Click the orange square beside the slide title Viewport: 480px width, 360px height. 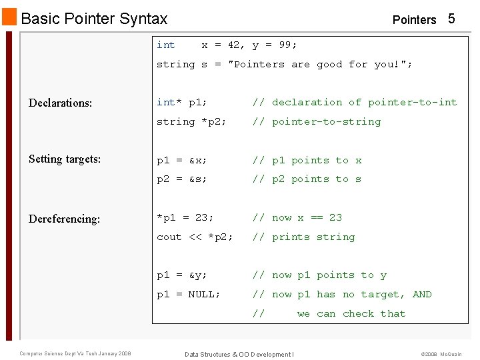click(x=10, y=18)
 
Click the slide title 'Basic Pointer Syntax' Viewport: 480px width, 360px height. click(x=94, y=19)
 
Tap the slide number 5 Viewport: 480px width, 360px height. click(x=451, y=19)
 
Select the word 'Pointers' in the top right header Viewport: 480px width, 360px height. click(x=414, y=20)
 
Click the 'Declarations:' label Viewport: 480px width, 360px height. click(x=60, y=103)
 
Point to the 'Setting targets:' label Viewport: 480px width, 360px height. click(x=65, y=159)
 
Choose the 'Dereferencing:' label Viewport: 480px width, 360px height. click(x=64, y=219)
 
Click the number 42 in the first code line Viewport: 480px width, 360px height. click(x=234, y=45)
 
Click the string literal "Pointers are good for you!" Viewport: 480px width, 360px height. click(x=320, y=65)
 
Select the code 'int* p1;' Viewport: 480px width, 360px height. click(x=181, y=103)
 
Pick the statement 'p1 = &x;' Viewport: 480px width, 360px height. click(x=181, y=161)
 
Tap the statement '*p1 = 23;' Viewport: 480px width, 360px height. click(x=185, y=217)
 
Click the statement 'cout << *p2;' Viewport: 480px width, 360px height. click(x=195, y=237)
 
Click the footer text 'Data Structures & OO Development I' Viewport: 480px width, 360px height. click(x=239, y=354)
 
